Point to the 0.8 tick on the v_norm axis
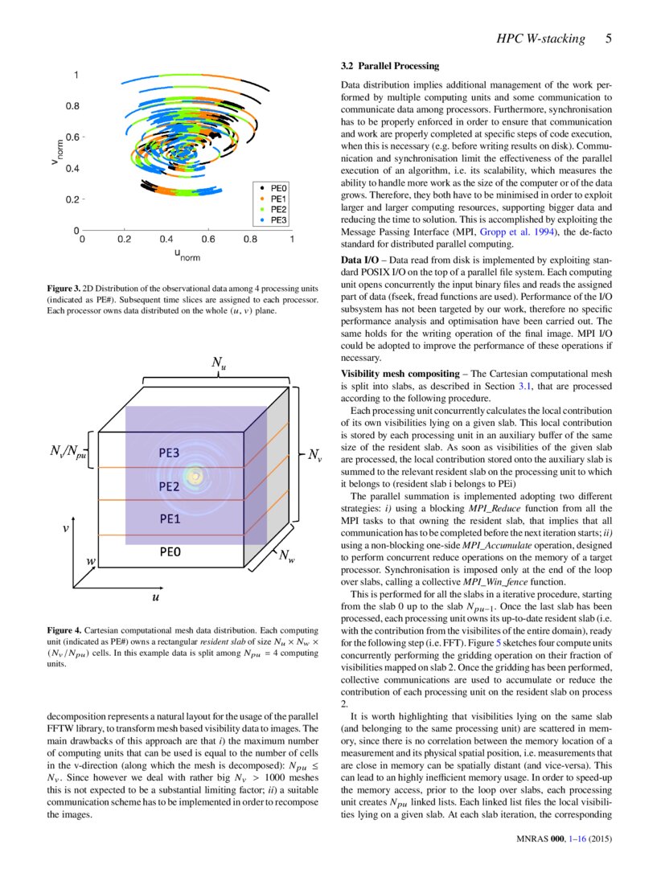73,105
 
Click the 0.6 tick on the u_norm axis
207,239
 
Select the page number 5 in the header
609,38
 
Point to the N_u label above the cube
218,364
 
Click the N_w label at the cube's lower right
286,555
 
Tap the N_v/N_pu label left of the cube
68,455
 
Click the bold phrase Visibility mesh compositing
396,374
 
